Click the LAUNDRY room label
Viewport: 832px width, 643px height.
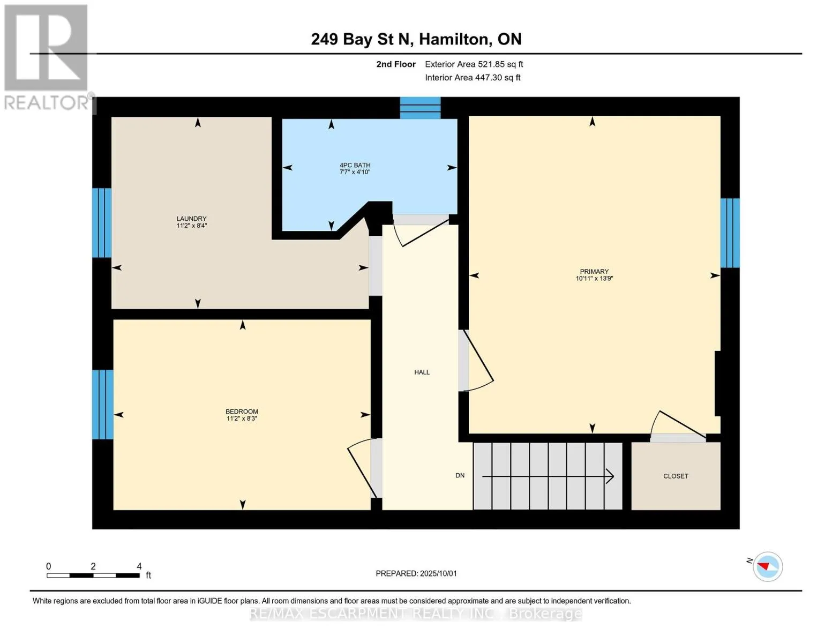pyautogui.click(x=191, y=218)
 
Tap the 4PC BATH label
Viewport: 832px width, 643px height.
pyautogui.click(x=355, y=165)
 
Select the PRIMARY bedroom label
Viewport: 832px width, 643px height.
pyautogui.click(x=594, y=271)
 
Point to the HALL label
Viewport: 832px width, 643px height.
pyautogui.click(x=422, y=372)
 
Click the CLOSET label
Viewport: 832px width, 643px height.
pyautogui.click(x=676, y=476)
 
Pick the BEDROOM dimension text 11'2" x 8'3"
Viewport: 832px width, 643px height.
pyautogui.click(x=242, y=418)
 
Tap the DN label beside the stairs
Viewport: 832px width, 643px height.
pyautogui.click(x=460, y=475)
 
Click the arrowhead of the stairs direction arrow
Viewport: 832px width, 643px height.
pyautogui.click(x=610, y=476)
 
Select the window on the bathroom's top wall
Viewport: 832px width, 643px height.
pyautogui.click(x=420, y=108)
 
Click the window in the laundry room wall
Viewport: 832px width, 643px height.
pyautogui.click(x=102, y=222)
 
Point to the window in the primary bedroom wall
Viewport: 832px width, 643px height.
pyautogui.click(x=730, y=233)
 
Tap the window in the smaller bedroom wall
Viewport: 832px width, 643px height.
pyautogui.click(x=103, y=405)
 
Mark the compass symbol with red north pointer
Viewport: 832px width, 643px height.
pyautogui.click(x=767, y=566)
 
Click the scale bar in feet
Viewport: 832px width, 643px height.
pyautogui.click(x=93, y=575)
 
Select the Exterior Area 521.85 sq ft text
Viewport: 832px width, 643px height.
pyautogui.click(x=474, y=64)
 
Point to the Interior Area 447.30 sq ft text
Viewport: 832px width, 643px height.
pyautogui.click(x=473, y=78)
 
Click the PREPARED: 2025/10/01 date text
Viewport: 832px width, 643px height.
pyautogui.click(x=416, y=573)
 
